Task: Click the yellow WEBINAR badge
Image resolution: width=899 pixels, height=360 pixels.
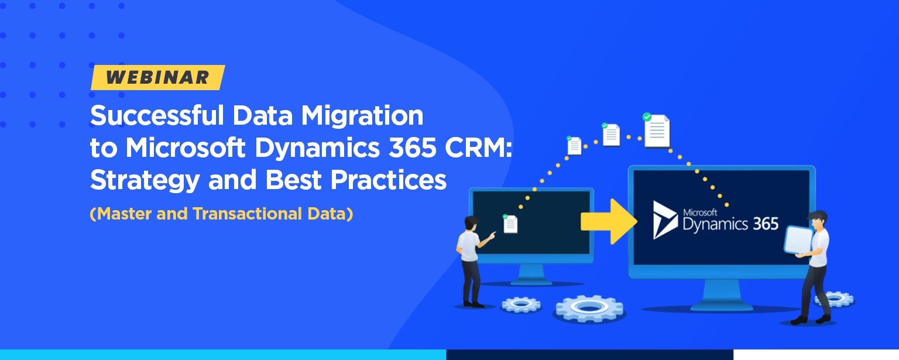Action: coord(157,77)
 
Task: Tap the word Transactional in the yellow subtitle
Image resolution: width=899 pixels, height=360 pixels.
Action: coord(247,214)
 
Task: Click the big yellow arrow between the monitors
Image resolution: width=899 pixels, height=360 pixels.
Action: coord(609,221)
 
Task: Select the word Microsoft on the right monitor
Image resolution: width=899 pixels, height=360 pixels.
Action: coord(700,212)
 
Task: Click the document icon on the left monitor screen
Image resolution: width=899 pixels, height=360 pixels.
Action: coord(510,224)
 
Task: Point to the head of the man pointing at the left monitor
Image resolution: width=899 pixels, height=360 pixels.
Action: coord(471,223)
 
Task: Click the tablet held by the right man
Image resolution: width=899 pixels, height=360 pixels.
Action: coord(799,239)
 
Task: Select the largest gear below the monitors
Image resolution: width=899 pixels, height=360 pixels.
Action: coord(589,308)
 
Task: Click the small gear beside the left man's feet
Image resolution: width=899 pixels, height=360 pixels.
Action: coord(521,304)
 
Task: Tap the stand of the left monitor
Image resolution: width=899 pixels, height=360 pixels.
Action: coord(532,274)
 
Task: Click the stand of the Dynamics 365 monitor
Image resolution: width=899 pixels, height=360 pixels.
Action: coord(722,295)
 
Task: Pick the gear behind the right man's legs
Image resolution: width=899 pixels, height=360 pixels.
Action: coord(835,299)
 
